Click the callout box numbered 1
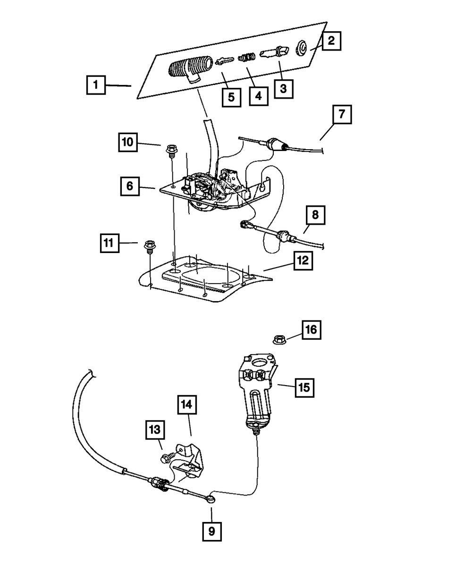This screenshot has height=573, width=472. (96, 85)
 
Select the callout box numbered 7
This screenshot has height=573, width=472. (342, 114)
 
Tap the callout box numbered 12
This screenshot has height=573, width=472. (303, 261)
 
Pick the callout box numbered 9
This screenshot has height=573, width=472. (212, 532)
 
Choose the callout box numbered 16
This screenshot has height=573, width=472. (312, 330)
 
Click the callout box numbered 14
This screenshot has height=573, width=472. (187, 404)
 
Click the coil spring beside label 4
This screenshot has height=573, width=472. (246, 58)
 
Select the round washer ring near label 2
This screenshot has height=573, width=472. (301, 48)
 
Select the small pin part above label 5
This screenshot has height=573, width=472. (225, 61)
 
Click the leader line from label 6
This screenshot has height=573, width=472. (147, 187)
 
